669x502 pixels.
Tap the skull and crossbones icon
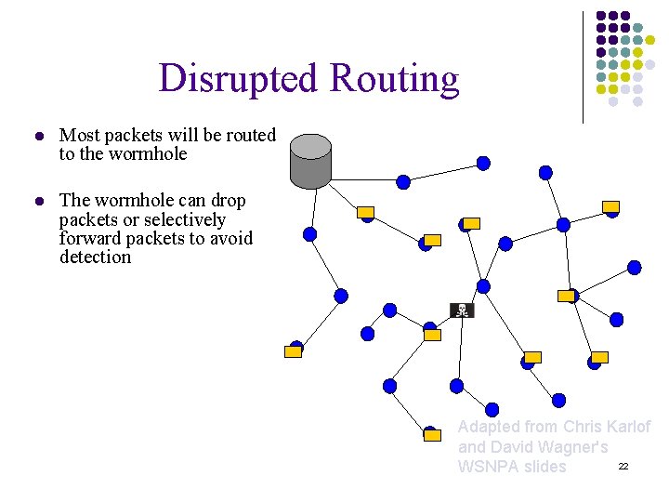click(461, 310)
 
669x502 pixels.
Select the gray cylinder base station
click(310, 160)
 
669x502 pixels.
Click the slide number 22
click(623, 465)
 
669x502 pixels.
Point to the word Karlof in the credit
click(627, 427)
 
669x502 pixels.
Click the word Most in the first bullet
click(77, 136)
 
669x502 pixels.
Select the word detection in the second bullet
click(95, 258)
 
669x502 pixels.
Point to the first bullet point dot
click(38, 137)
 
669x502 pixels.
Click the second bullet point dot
click(38, 202)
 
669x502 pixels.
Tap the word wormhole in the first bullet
click(148, 154)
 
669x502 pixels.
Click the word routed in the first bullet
click(251, 136)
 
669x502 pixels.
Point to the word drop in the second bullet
click(229, 201)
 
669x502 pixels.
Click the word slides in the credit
click(544, 467)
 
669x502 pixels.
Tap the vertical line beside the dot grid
click(583, 65)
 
